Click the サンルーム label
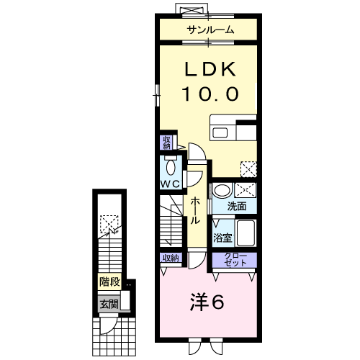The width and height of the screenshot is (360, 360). [210, 30]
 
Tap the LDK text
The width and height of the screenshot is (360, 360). [210, 69]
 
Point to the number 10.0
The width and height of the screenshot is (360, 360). [210, 94]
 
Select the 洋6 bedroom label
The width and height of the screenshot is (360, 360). [207, 302]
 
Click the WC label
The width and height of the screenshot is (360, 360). [170, 184]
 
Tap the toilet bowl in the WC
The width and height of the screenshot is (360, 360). [171, 167]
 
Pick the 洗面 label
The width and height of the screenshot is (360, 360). [237, 206]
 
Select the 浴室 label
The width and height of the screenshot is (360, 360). [222, 238]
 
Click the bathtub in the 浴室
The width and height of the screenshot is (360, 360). [246, 233]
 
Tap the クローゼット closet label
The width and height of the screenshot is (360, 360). [235, 259]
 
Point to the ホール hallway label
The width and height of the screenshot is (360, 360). [195, 210]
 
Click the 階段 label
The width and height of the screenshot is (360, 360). [109, 282]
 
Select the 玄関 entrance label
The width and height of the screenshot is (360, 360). [109, 305]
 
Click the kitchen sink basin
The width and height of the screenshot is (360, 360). [220, 132]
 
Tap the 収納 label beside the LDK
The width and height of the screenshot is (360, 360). [166, 143]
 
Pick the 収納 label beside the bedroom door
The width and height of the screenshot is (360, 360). [171, 258]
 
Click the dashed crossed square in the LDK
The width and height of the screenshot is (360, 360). [248, 169]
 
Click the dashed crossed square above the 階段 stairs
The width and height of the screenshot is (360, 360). [109, 224]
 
